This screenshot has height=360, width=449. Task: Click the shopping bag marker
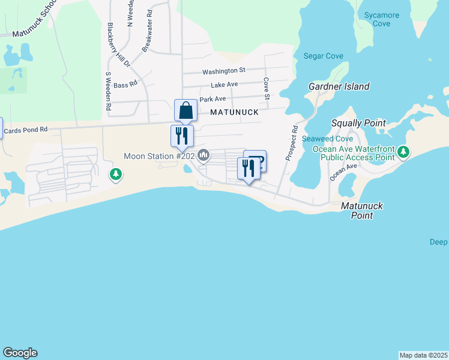coord(185,110)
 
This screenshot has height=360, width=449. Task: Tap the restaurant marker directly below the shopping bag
coord(182,136)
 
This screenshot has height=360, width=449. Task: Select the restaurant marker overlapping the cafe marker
coord(248,167)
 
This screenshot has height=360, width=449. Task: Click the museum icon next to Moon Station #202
coord(203,156)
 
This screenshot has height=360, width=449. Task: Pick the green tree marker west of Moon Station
coord(116,175)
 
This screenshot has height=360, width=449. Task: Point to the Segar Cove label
coord(323,56)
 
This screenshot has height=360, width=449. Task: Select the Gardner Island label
coord(339,86)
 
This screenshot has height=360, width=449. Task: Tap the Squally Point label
coord(358,123)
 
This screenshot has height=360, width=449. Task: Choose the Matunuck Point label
coord(361,210)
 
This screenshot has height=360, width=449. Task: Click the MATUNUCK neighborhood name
coord(234,112)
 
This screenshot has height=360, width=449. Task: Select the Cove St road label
coord(265,88)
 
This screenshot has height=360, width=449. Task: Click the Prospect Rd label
coord(292,143)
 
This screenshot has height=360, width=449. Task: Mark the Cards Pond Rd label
coord(25,130)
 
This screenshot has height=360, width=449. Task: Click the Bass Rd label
coord(125,85)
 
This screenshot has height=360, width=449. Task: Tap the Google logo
coord(20,353)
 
